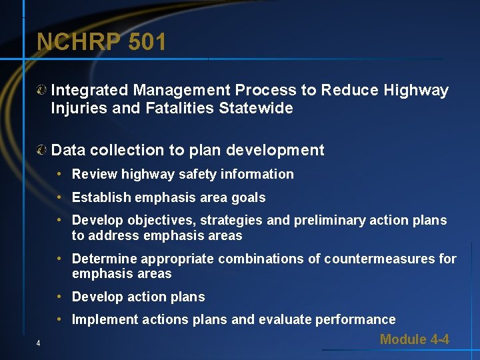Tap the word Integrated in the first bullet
click(90, 90)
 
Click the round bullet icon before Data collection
click(42, 151)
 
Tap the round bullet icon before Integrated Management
click(42, 91)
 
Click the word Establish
click(101, 197)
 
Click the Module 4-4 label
click(414, 339)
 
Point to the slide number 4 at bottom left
click(39, 343)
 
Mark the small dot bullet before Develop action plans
click(60, 297)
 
